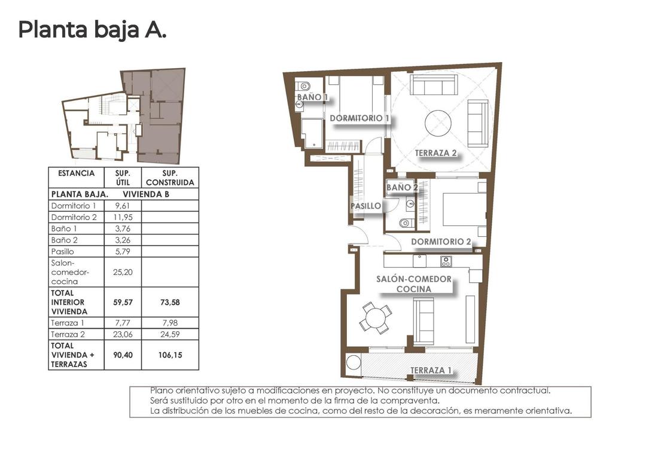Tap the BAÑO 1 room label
pos(312,97)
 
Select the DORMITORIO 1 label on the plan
pos(359,118)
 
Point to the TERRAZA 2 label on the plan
pos(436,153)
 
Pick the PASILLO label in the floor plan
pos(365,206)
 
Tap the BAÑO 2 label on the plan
pos(402,187)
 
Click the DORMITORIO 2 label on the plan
pos(441,242)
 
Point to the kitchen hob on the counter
pos(446,261)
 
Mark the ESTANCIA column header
pos(76,173)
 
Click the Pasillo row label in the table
pos(63,251)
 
